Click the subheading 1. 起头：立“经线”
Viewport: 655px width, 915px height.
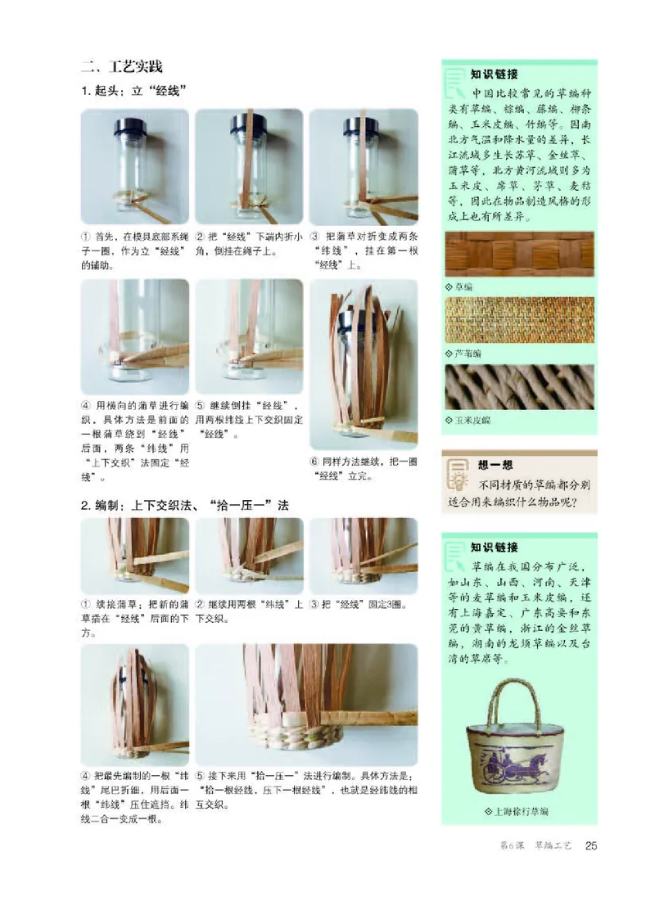tap(135, 91)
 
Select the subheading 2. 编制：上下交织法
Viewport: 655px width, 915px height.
tap(184, 505)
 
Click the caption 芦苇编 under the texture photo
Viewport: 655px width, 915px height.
tap(468, 354)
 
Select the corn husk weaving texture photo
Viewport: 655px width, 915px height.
tap(519, 387)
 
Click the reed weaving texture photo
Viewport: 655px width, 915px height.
tap(519, 320)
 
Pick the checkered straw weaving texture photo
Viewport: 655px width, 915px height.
tap(519, 255)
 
